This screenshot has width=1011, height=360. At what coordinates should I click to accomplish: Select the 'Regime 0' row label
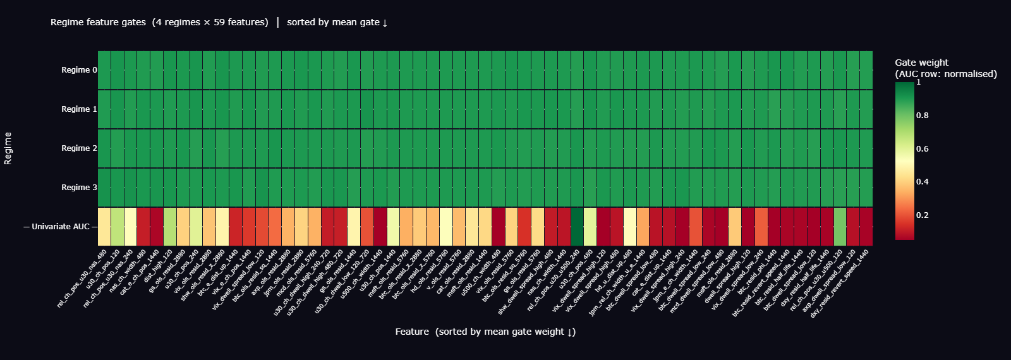(x=79, y=70)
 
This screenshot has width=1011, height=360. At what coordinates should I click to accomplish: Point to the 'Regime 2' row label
(x=79, y=148)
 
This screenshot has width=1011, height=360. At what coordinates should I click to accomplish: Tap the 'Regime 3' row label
(x=79, y=188)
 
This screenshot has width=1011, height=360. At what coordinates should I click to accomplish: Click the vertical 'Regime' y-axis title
(x=8, y=148)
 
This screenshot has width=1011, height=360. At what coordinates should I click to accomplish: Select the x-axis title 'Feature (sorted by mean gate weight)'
(x=485, y=332)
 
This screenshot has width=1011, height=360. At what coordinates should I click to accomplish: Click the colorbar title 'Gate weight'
(x=921, y=63)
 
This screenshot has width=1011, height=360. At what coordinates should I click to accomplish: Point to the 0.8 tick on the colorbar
(x=923, y=116)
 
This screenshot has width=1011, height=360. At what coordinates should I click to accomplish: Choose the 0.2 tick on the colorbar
(x=923, y=215)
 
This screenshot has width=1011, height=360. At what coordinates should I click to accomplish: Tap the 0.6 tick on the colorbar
(x=923, y=149)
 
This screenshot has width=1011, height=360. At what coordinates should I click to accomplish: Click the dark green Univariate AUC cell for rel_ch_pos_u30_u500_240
(x=577, y=227)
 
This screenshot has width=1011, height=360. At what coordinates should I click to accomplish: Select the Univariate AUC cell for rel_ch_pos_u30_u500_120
(x=840, y=227)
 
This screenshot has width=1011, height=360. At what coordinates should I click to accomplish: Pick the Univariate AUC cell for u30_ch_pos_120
(x=118, y=227)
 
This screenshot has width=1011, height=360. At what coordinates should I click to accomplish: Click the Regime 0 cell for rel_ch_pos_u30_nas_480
(x=104, y=70)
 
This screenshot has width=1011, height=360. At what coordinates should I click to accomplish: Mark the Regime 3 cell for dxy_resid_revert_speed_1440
(x=866, y=188)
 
